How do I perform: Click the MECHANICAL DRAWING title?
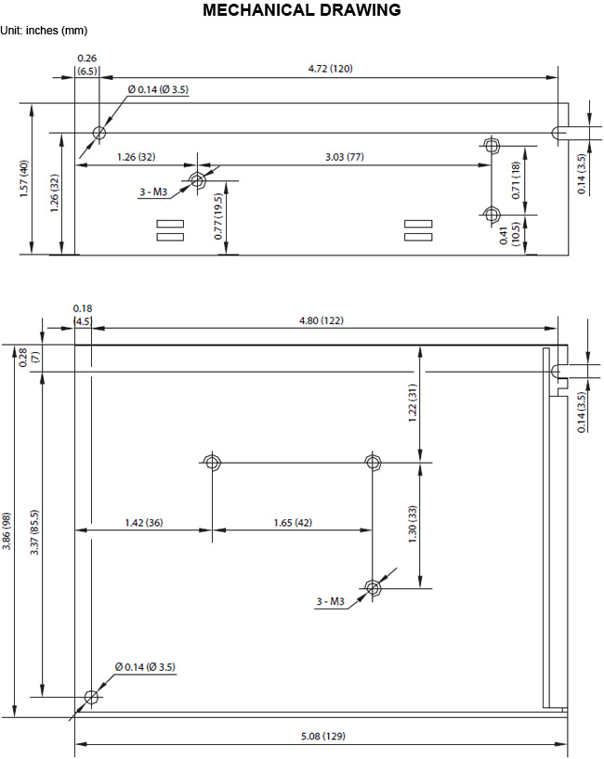click(x=302, y=9)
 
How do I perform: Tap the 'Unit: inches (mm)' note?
click(x=44, y=31)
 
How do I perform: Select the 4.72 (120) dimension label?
click(x=330, y=68)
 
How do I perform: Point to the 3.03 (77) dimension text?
click(x=345, y=157)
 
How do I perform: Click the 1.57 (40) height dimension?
click(x=24, y=178)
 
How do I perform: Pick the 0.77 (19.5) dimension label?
click(x=218, y=216)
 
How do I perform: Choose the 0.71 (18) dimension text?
click(x=516, y=180)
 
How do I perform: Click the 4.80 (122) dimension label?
click(x=322, y=321)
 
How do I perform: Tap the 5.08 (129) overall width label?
click(x=323, y=737)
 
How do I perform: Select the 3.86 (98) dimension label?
click(x=7, y=531)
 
